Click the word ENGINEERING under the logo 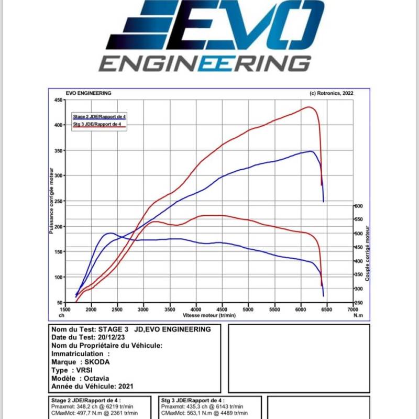(x=205, y=64)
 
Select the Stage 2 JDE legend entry (x=100, y=116)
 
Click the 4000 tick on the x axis (x=196, y=310)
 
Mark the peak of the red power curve (x=310, y=107)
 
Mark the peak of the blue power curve (x=312, y=151)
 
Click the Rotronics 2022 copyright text (x=332, y=93)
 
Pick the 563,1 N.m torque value (x=195, y=413)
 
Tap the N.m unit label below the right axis (x=358, y=315)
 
